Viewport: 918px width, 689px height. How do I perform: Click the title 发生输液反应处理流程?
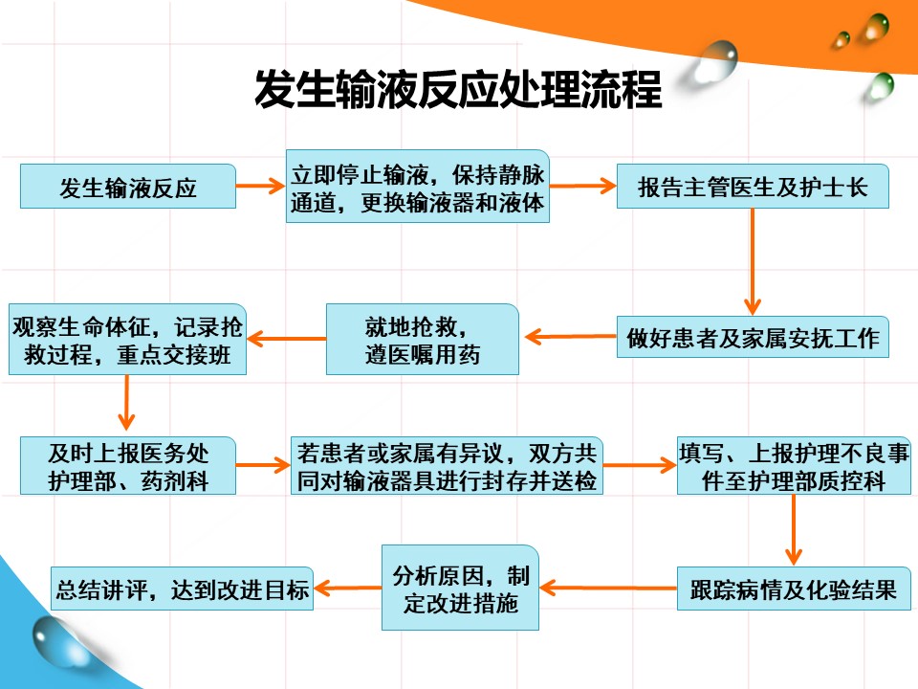point(458,89)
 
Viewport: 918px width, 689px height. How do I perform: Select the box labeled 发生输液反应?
point(128,187)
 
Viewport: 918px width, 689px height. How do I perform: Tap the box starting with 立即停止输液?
point(418,187)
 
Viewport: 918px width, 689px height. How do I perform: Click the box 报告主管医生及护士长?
point(753,187)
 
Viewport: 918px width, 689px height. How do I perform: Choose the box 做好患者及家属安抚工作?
point(753,337)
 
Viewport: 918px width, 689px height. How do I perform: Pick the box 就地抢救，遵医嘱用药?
point(422,339)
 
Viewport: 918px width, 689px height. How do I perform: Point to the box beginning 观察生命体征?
point(127,339)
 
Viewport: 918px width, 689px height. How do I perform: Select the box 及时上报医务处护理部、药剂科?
point(128,466)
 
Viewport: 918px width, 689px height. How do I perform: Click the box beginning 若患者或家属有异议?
point(447,466)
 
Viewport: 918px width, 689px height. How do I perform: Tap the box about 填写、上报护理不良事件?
point(794,466)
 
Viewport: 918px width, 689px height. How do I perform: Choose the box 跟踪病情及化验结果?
point(794,589)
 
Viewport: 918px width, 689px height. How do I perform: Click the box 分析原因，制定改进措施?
point(460,588)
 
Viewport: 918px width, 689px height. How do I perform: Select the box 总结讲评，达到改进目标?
point(182,589)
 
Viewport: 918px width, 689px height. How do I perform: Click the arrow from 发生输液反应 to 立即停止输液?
point(260,187)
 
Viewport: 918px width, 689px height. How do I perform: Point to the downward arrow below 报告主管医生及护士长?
point(753,262)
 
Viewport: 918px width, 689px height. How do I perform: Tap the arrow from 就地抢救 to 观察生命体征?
point(286,339)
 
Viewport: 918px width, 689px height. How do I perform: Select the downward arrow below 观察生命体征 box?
point(126,403)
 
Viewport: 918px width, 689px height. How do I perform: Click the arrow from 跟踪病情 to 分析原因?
point(608,588)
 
